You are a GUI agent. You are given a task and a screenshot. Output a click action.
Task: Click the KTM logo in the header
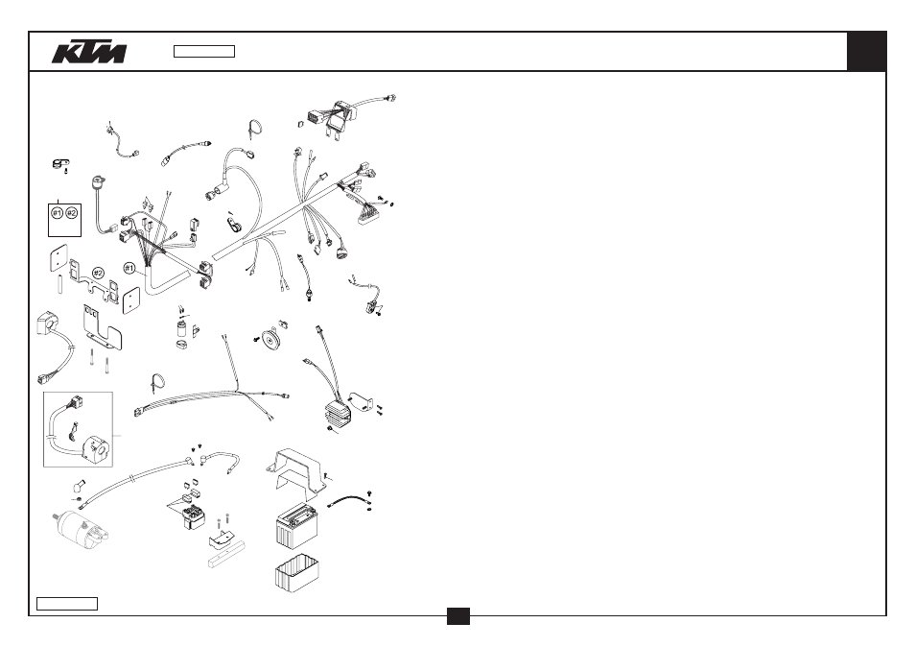88,52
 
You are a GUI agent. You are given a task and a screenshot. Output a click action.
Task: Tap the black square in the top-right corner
866,52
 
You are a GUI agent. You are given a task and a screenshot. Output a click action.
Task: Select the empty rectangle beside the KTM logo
204,52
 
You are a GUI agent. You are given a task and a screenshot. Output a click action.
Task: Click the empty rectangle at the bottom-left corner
67,604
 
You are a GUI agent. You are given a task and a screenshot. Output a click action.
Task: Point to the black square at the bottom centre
458,616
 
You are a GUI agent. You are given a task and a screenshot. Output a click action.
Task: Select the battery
297,525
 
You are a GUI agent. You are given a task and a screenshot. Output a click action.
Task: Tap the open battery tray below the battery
297,573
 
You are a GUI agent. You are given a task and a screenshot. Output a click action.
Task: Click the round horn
270,339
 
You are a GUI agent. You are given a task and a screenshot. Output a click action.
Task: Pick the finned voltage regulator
340,413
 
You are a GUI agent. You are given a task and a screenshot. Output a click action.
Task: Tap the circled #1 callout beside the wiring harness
129,269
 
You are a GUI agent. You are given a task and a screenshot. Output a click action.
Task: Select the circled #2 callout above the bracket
98,274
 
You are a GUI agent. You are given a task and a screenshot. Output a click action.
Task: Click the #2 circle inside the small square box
71,213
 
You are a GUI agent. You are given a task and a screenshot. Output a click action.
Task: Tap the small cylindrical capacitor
183,328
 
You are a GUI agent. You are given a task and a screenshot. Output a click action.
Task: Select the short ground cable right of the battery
350,501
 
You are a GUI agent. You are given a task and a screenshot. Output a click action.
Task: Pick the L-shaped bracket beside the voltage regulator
361,402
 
